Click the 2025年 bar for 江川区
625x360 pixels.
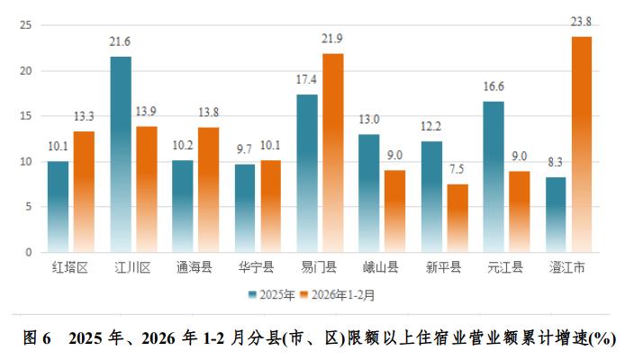click(x=121, y=154)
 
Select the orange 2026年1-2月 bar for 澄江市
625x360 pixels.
click(x=581, y=144)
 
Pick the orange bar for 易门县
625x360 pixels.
click(x=333, y=153)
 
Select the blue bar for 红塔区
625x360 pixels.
click(x=58, y=206)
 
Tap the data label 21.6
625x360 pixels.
click(x=121, y=42)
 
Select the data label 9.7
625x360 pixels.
click(x=245, y=150)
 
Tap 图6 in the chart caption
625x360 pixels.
click(x=36, y=338)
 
